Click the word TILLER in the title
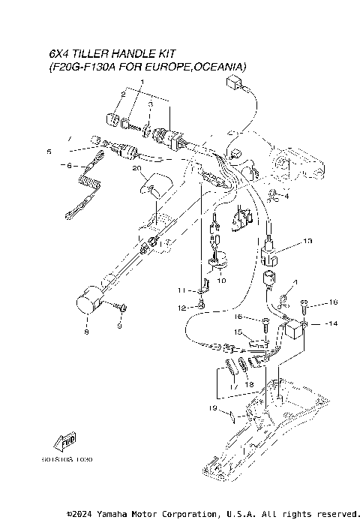[x=89, y=55]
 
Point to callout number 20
[x=136, y=169]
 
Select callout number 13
[x=307, y=242]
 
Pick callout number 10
[x=221, y=280]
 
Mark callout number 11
[x=180, y=290]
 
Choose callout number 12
[x=180, y=308]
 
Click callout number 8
[x=86, y=331]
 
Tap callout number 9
[x=118, y=325]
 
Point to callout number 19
[x=213, y=408]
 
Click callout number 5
[x=49, y=152]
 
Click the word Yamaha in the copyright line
[x=121, y=514]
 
